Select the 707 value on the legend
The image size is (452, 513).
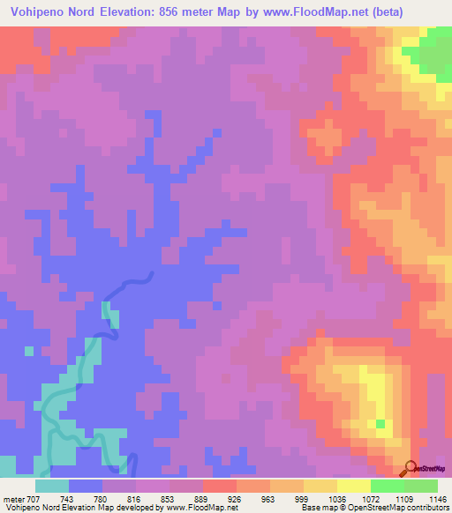point(30,498)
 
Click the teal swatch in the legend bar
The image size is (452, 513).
point(52,486)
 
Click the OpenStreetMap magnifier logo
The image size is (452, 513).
point(411,468)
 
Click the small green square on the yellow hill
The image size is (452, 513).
point(380,425)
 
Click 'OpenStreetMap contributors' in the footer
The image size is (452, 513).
point(403,508)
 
